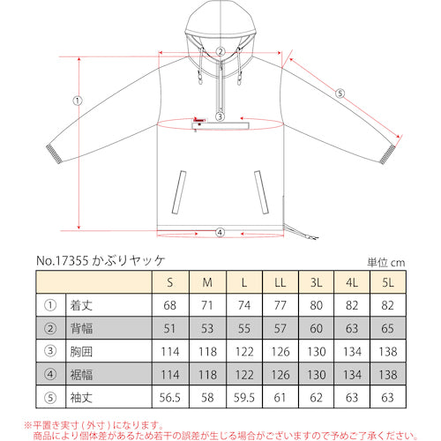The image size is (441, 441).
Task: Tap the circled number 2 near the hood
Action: [x=220, y=52]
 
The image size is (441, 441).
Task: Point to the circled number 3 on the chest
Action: [x=220, y=116]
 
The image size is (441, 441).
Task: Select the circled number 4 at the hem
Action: [x=220, y=233]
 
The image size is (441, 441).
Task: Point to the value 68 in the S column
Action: [x=169, y=305]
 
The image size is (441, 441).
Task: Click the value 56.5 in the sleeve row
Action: [x=169, y=396]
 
